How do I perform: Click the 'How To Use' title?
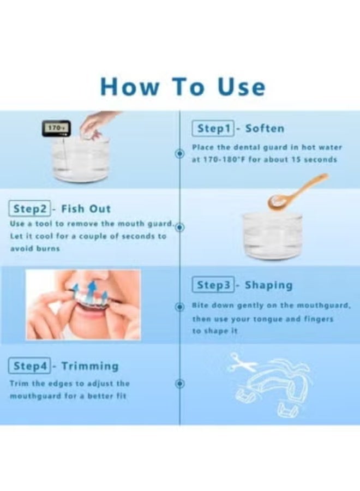point(183,86)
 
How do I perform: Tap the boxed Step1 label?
point(213,129)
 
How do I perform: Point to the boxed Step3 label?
point(213,285)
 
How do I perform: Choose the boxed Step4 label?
point(29,366)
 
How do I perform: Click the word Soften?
point(265,128)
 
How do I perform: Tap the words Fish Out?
point(86,208)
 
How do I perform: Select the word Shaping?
point(268,285)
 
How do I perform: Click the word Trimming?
point(90,366)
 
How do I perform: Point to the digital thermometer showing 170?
point(56,128)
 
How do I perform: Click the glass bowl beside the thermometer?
point(81,160)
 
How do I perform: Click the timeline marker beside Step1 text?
point(179,154)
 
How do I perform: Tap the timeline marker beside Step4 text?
point(179,384)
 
